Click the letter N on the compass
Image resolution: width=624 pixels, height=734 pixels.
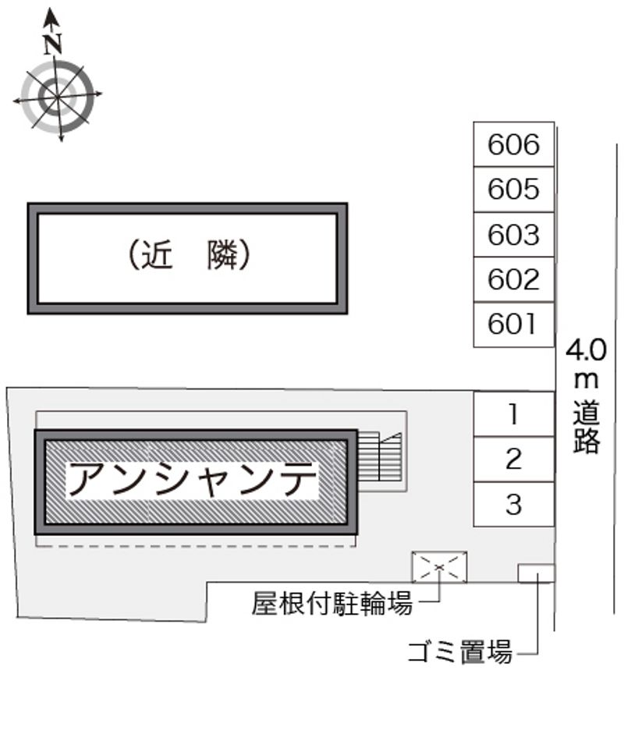tap(53, 44)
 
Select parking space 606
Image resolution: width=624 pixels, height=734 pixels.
tap(513, 144)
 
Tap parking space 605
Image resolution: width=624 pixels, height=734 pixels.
tap(513, 189)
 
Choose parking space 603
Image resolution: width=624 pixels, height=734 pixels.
tap(513, 234)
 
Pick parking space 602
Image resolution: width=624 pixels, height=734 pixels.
tap(513, 278)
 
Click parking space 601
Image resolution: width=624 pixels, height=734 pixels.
tap(513, 324)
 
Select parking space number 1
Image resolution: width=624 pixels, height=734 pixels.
tap(513, 414)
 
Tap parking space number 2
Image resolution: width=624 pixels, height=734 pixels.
tap(513, 459)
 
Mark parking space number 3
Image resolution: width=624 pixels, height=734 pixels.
tap(513, 505)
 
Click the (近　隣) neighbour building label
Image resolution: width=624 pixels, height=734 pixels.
tap(188, 255)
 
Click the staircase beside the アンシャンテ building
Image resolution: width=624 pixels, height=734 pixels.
tap(380, 456)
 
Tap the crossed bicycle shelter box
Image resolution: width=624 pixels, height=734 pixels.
tap(440, 566)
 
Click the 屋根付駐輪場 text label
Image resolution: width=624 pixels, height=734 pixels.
tap(331, 603)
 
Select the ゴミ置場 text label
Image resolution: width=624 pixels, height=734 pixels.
tap(460, 651)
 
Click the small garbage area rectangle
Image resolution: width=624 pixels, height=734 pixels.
tap(536, 573)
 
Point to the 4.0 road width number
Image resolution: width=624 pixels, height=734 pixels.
tap(586, 350)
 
